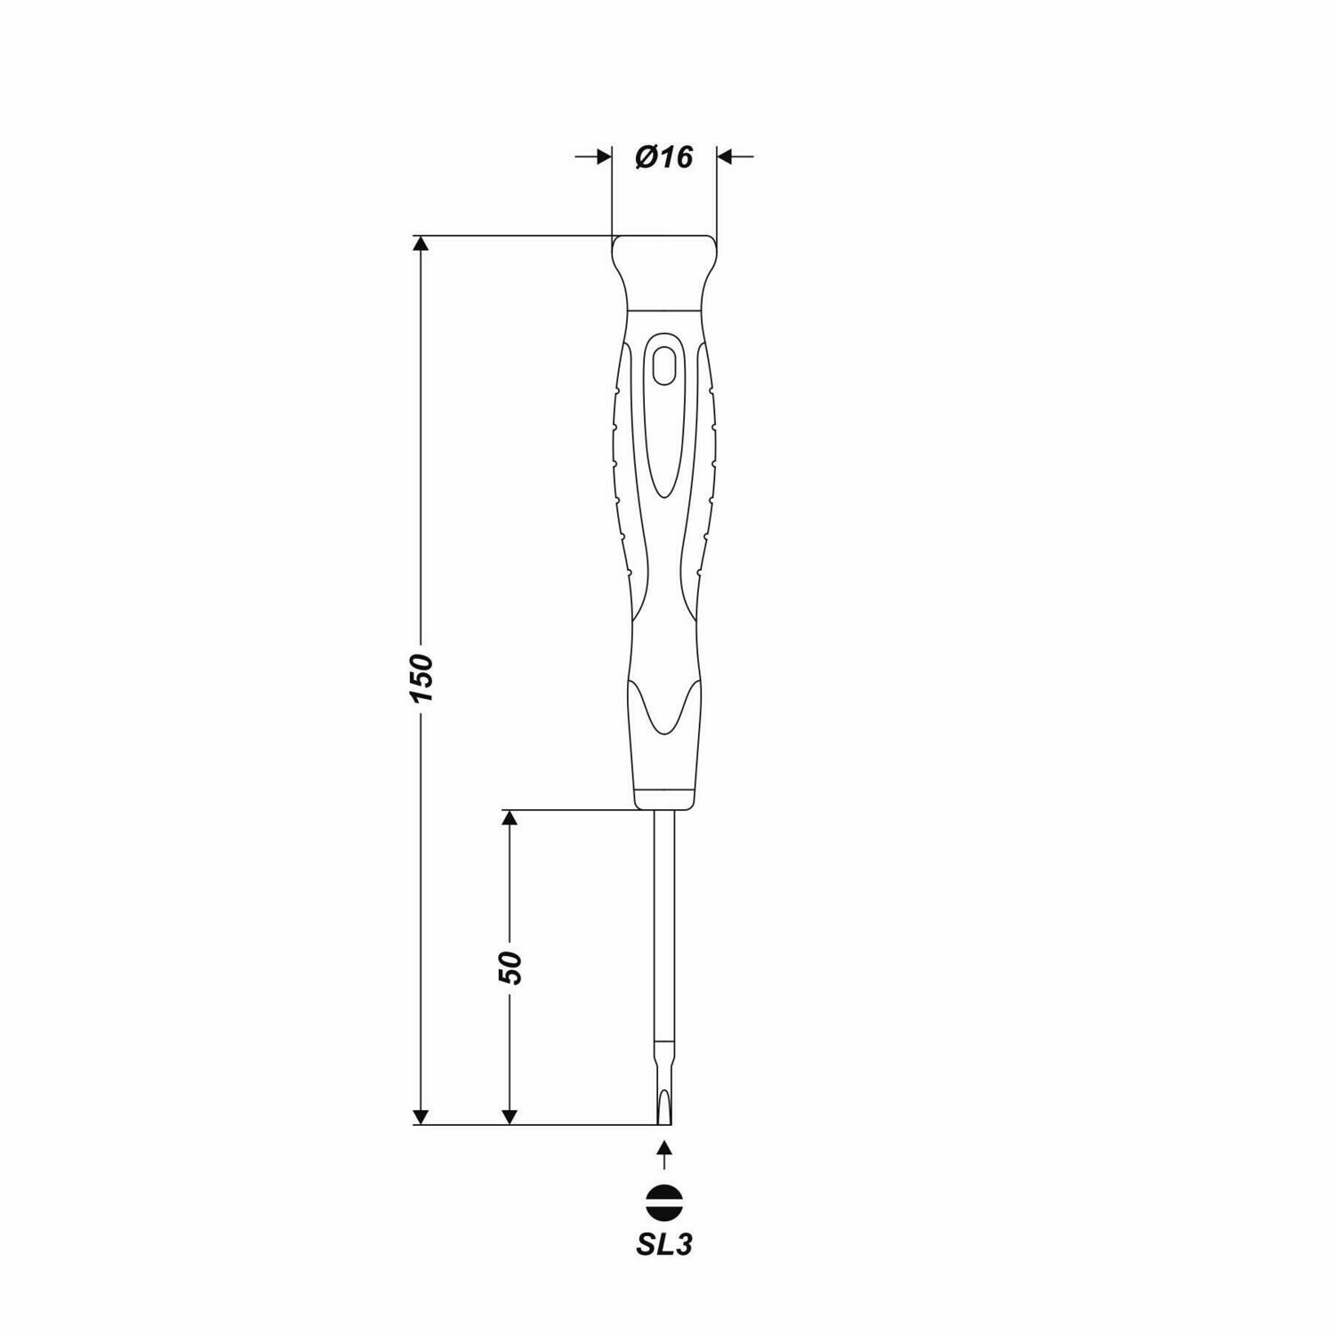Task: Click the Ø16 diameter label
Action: [x=663, y=157]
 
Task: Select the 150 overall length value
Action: [x=422, y=678]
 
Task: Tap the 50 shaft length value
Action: [x=510, y=967]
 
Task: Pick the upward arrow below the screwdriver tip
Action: [x=663, y=1153]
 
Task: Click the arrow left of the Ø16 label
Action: [x=594, y=157]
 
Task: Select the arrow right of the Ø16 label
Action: [x=735, y=157]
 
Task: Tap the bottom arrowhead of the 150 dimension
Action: [x=422, y=1115]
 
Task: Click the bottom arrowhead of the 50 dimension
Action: [x=510, y=1115]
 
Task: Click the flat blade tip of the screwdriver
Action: [x=663, y=1112]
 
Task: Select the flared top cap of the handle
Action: [x=663, y=267]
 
